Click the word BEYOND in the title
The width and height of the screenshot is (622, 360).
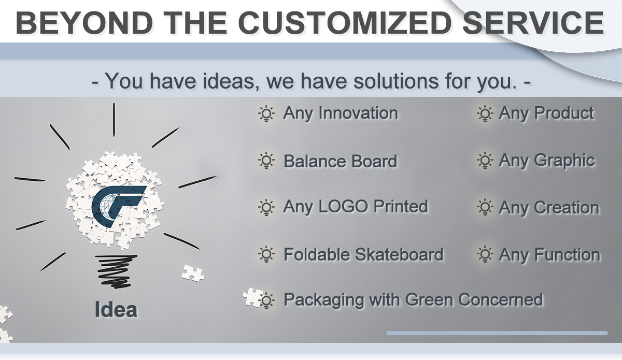pos(84,23)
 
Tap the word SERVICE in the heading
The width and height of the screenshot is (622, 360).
pos(533,23)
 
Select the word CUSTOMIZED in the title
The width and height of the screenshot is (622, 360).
pos(345,23)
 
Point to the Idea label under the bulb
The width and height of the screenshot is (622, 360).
pos(116,309)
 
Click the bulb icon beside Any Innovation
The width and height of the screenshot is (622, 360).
pos(266,114)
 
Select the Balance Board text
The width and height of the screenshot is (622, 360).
pos(340,161)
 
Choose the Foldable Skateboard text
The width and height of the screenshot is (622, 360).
pos(363,254)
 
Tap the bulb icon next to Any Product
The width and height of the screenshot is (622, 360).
pos(485,114)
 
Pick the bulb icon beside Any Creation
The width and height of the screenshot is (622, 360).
pos(485,207)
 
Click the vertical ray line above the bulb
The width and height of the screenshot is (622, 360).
pos(114,120)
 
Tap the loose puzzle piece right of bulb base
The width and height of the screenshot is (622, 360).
pos(193,273)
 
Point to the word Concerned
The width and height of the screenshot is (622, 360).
pos(500,300)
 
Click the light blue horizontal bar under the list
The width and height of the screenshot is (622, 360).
pos(497,333)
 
